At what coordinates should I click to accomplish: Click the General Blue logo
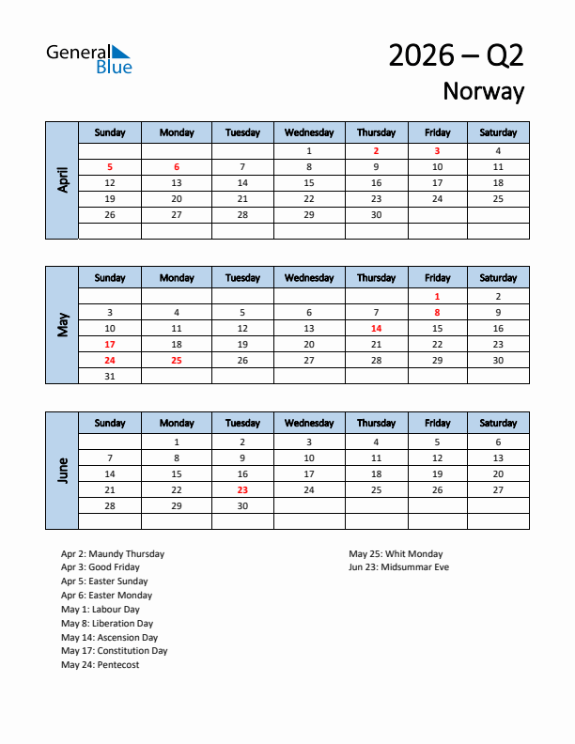(x=89, y=58)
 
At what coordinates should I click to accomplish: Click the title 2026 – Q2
(x=456, y=55)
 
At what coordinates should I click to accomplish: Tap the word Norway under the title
(x=483, y=91)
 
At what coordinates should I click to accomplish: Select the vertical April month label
(x=62, y=179)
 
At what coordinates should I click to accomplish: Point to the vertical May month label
(x=62, y=325)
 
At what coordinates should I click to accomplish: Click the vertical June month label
(x=62, y=470)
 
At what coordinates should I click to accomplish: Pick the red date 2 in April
(x=376, y=150)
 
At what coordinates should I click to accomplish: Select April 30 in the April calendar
(x=376, y=214)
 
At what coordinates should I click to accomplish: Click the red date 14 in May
(x=376, y=329)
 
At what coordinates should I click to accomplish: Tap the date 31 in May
(x=110, y=376)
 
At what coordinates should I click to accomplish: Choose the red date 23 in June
(x=242, y=489)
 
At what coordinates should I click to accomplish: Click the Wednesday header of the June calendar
(x=309, y=423)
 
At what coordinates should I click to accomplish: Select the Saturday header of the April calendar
(x=498, y=132)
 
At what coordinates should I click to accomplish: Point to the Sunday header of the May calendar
(x=110, y=278)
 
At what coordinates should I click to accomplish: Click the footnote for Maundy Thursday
(x=113, y=554)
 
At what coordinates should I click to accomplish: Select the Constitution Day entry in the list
(x=115, y=651)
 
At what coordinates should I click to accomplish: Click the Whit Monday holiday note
(x=396, y=554)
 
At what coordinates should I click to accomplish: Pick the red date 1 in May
(x=437, y=296)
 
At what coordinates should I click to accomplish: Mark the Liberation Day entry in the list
(x=107, y=624)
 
